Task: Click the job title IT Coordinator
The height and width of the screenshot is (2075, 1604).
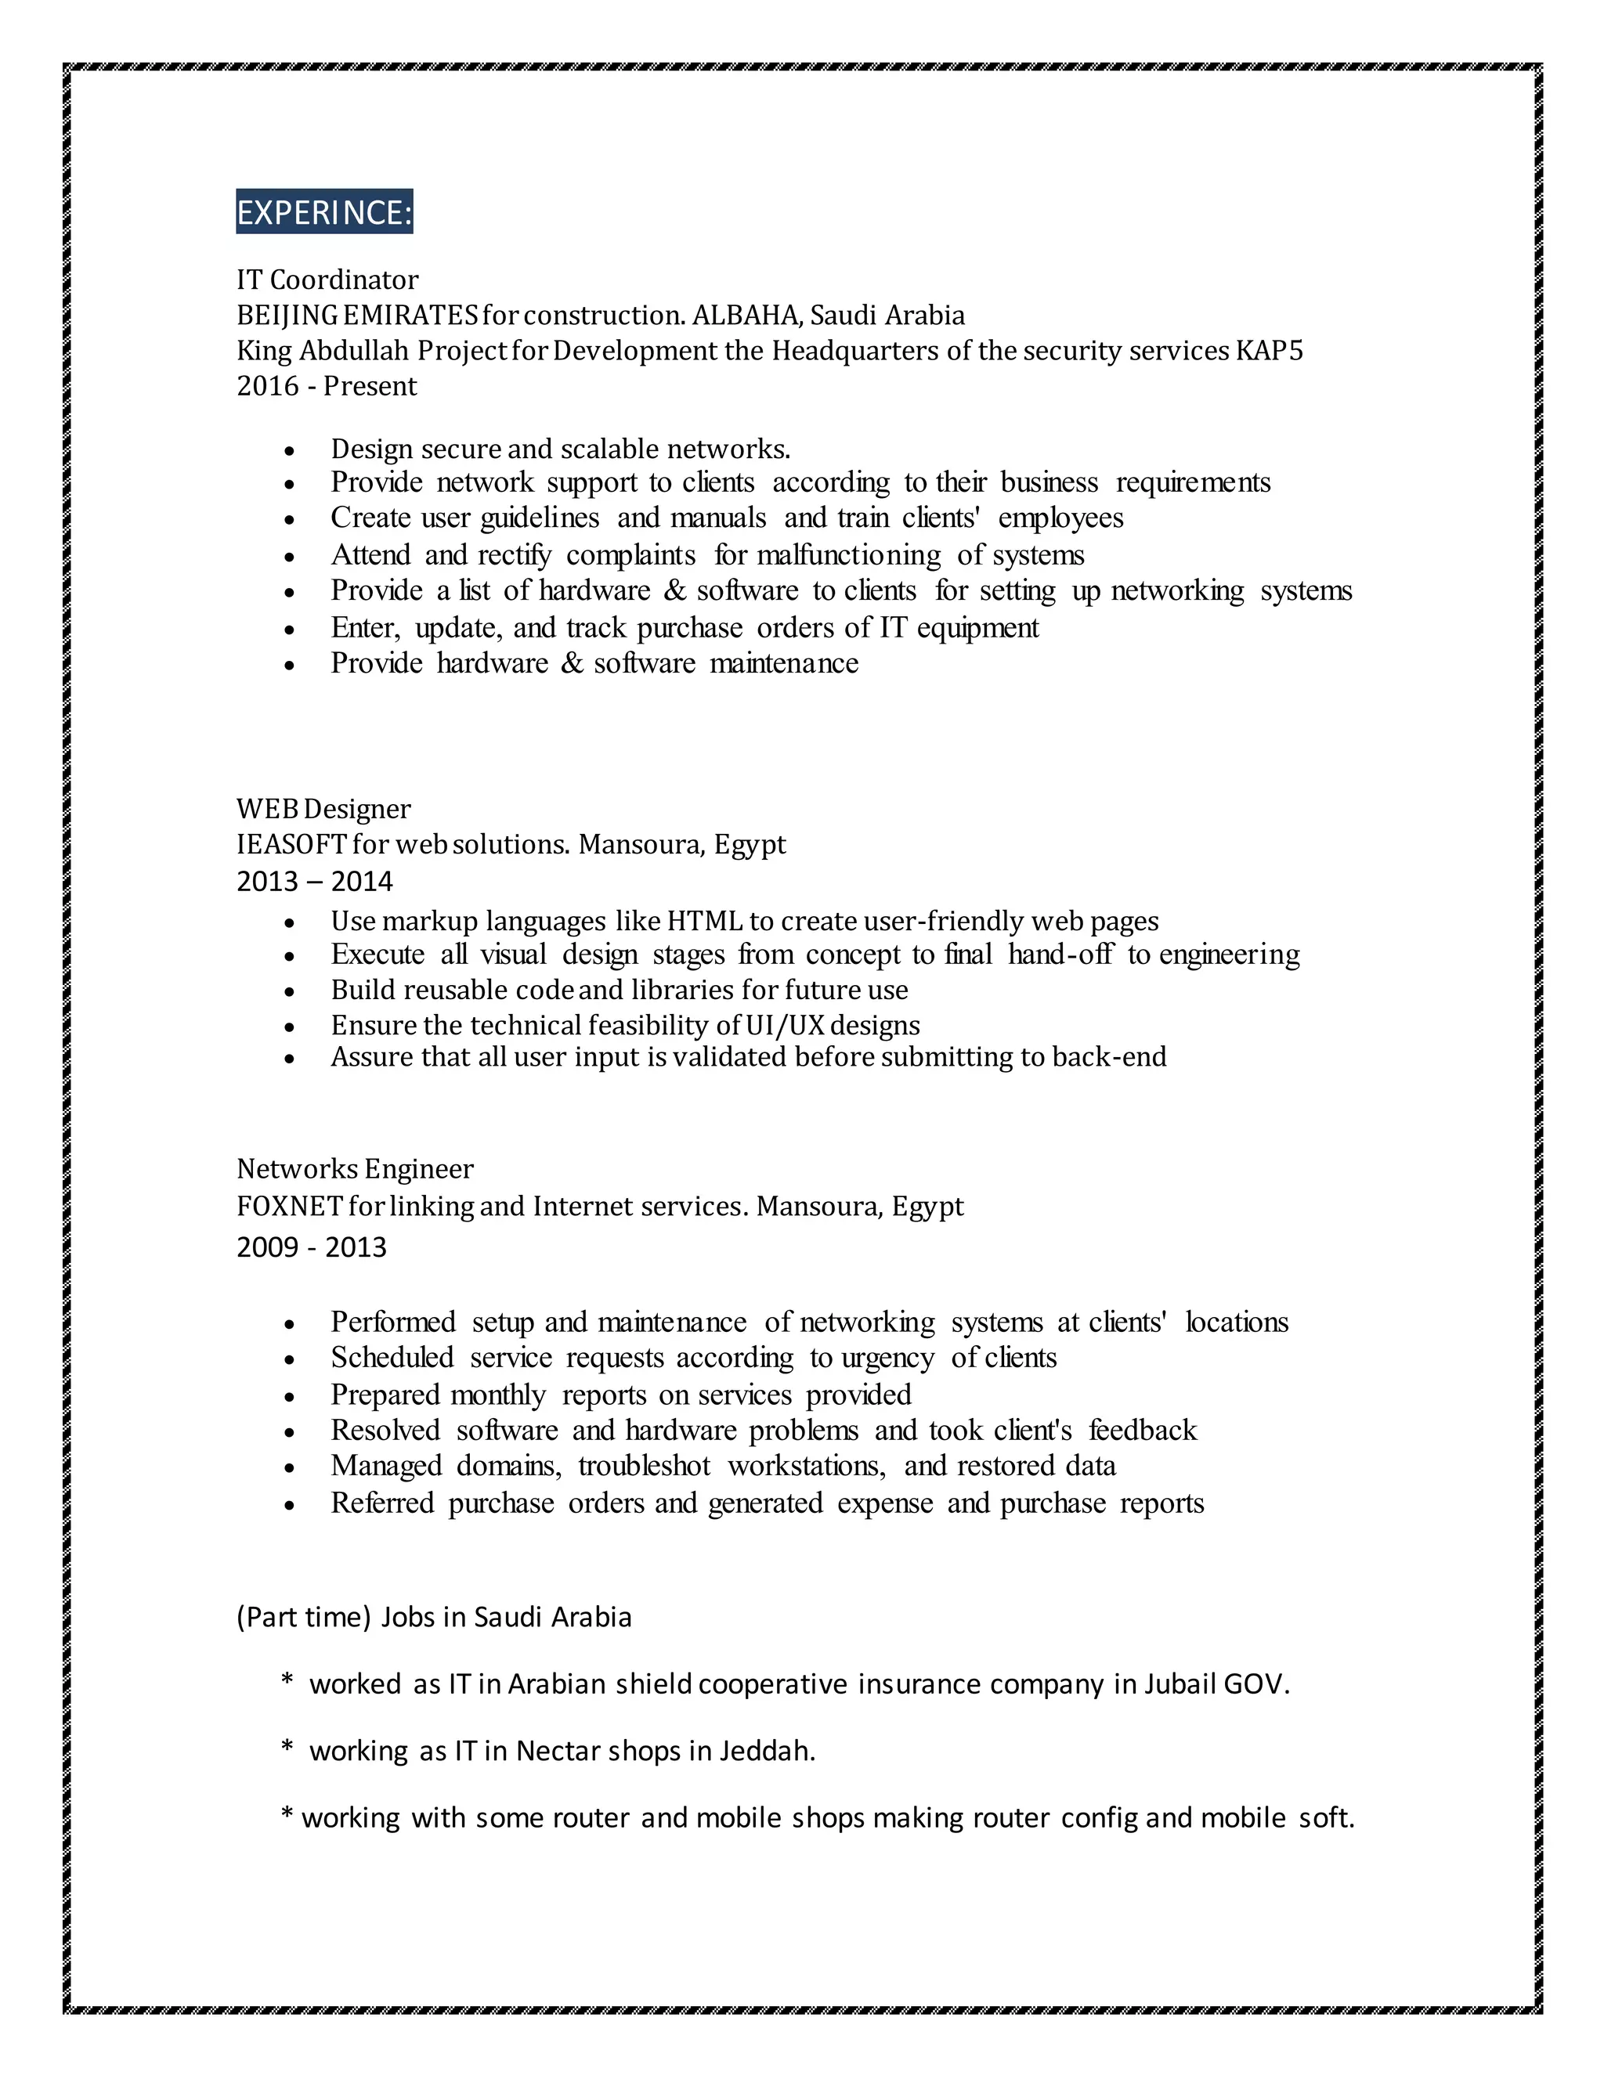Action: pos(327,280)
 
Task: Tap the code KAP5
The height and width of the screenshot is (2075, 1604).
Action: pos(1270,352)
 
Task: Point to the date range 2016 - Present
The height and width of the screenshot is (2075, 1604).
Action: pos(326,387)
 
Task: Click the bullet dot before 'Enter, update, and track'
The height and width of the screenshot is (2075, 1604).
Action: pos(290,630)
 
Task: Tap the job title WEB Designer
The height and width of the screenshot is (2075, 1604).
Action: pos(323,810)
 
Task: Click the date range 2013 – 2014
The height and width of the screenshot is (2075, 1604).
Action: pos(315,882)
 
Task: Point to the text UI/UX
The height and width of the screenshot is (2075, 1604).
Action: pos(785,1026)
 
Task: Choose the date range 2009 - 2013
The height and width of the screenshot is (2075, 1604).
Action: pos(312,1247)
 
